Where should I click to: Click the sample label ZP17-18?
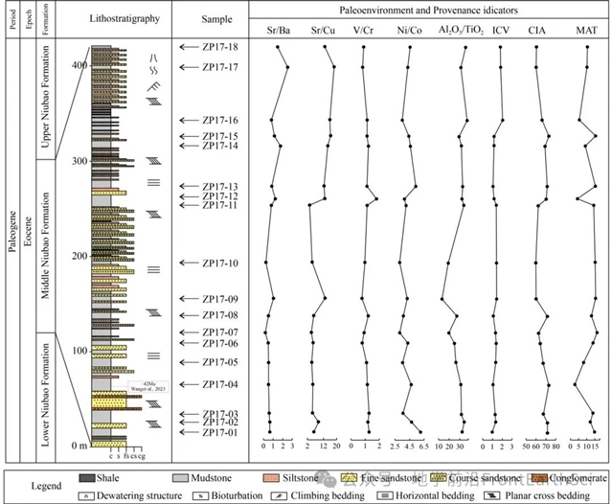point(220,47)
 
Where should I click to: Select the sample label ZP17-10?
point(220,263)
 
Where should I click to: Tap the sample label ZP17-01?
point(220,433)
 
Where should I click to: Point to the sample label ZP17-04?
point(220,385)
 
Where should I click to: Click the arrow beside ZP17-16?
point(190,121)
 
